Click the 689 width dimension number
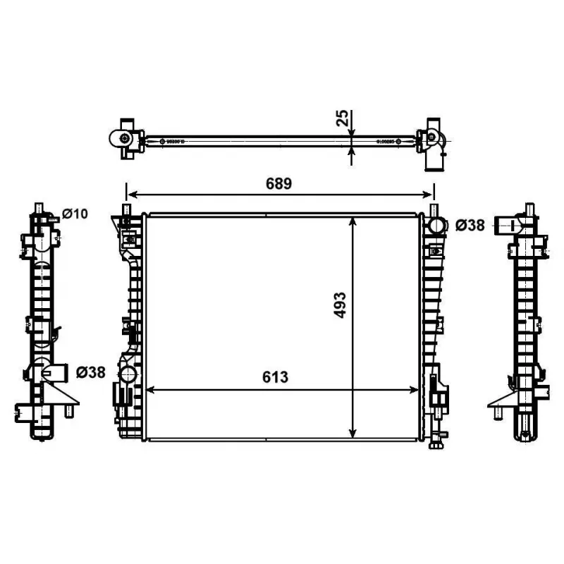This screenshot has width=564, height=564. [x=278, y=183]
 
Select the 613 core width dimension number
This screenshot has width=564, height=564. [x=276, y=377]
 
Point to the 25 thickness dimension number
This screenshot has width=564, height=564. [x=342, y=118]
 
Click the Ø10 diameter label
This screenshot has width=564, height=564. [x=74, y=214]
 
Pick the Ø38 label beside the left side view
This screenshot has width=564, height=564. [x=90, y=372]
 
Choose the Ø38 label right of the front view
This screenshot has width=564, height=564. [x=470, y=226]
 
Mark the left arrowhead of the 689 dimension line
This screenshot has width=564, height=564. [x=130, y=195]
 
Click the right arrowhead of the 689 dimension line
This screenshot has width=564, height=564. [x=429, y=195]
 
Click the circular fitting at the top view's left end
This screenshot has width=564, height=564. [x=124, y=139]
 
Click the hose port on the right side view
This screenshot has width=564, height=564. [x=505, y=226]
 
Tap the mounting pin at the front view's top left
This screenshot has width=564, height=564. [x=127, y=209]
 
